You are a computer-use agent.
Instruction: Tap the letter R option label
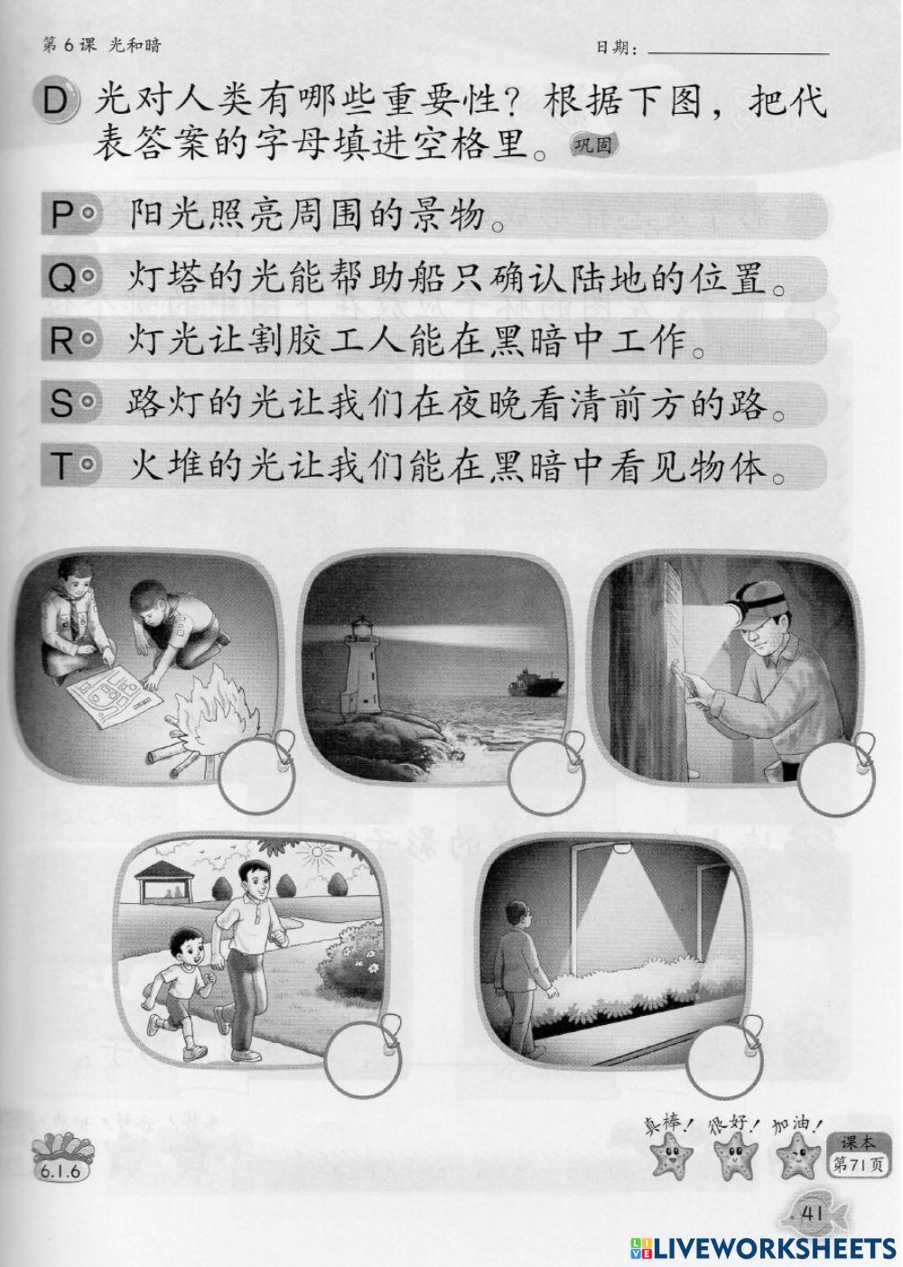pyautogui.click(x=61, y=341)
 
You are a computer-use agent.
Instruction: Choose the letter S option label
pyautogui.click(x=61, y=404)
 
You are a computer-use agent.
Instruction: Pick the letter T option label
pyautogui.click(x=61, y=467)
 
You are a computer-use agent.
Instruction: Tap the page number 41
pyautogui.click(x=810, y=1215)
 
